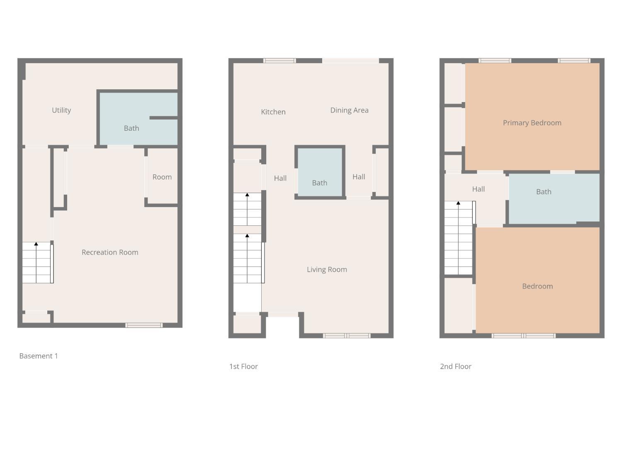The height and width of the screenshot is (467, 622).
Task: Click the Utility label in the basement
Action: point(61,110)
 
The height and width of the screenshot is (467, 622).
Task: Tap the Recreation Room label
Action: point(110,252)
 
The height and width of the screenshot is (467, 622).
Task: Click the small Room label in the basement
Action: point(162,177)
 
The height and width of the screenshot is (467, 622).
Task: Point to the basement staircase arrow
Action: point(36,244)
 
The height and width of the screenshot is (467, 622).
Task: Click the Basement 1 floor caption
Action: point(39,356)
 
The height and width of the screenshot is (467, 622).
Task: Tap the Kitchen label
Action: point(273,112)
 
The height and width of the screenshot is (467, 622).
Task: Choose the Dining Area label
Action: point(349,110)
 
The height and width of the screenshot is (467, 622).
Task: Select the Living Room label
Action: point(327,270)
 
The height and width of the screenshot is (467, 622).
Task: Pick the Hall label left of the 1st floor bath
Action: point(280,178)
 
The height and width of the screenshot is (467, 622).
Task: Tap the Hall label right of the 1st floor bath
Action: point(359,177)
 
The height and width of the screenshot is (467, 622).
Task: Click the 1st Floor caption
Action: point(243,367)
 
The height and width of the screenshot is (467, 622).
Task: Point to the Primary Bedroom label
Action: point(532,123)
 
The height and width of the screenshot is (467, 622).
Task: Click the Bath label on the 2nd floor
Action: point(544,192)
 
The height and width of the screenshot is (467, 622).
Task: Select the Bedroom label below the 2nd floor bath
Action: point(537,286)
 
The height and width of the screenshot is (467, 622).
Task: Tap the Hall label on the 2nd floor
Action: point(478,189)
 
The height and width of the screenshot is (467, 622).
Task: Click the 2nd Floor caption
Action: point(455,367)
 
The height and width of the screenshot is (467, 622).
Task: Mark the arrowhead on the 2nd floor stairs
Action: point(458,203)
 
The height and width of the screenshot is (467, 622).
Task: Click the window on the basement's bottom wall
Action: point(144,325)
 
